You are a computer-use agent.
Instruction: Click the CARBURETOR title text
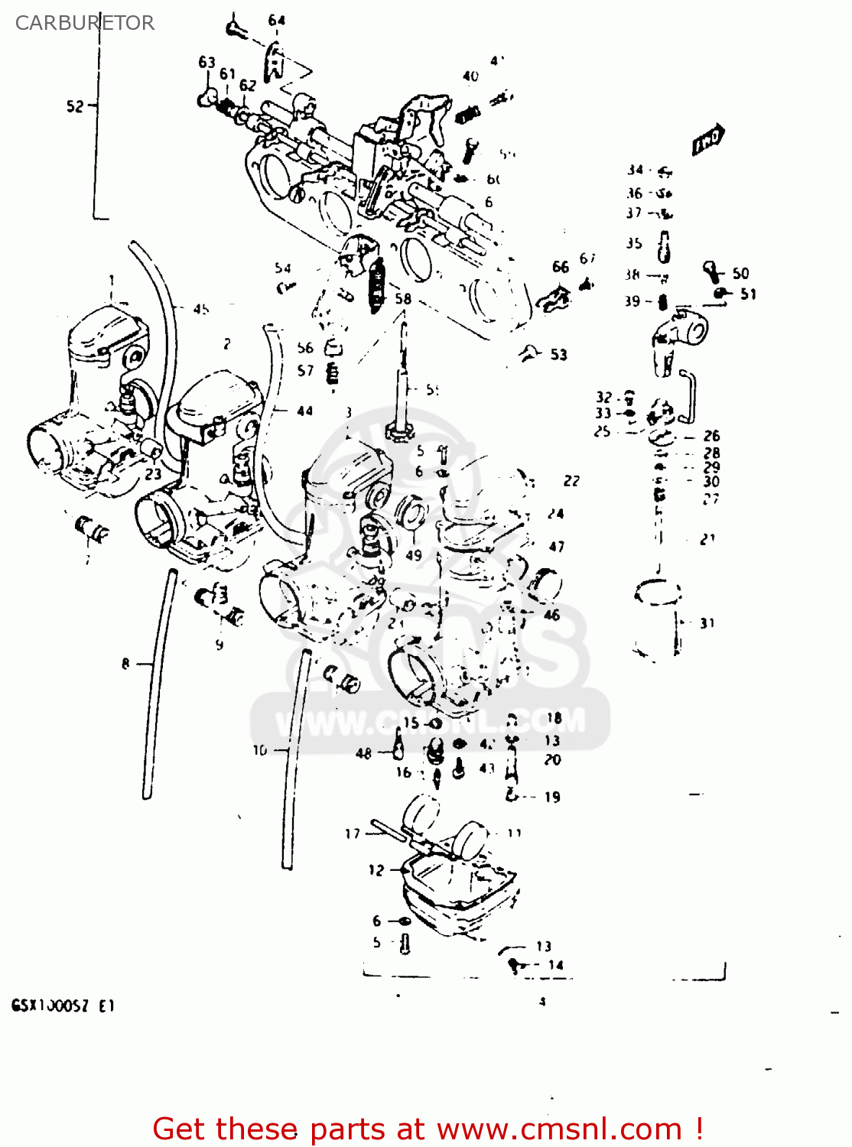click(x=84, y=23)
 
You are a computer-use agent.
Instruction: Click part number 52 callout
click(x=74, y=106)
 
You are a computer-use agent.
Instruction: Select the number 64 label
click(x=276, y=21)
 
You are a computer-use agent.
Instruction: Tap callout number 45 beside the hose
click(x=200, y=309)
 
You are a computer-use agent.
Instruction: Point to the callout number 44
click(x=304, y=411)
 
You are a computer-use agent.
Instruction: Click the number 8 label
click(x=125, y=664)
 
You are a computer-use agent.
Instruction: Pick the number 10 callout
click(x=260, y=750)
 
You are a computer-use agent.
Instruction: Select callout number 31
click(x=707, y=623)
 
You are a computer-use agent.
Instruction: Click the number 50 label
click(x=740, y=273)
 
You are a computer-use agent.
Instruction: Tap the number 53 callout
click(x=558, y=354)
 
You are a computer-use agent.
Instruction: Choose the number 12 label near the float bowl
click(x=376, y=869)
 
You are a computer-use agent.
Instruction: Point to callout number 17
click(x=352, y=833)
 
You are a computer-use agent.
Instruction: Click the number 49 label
click(x=413, y=555)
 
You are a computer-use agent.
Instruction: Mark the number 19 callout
click(x=552, y=797)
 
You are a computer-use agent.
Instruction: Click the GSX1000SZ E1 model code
click(x=63, y=1006)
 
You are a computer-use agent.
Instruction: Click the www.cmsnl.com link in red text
click(x=558, y=1129)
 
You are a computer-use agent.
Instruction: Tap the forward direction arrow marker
click(x=707, y=140)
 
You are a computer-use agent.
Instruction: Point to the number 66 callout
click(x=561, y=266)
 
